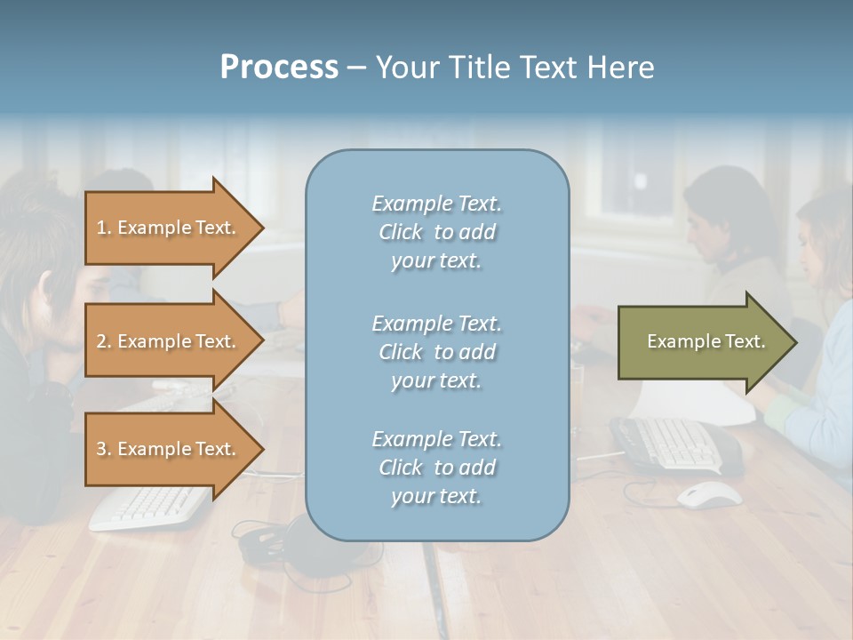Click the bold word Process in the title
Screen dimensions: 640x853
point(279,68)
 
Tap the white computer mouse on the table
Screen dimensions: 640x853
point(709,494)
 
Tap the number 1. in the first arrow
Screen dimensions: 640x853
point(104,228)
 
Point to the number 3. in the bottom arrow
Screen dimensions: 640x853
point(104,449)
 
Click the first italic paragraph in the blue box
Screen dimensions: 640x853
point(436,232)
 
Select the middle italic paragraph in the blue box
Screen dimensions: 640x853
point(436,352)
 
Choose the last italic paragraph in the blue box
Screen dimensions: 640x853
point(436,468)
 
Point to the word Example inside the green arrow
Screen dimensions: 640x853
point(677,341)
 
